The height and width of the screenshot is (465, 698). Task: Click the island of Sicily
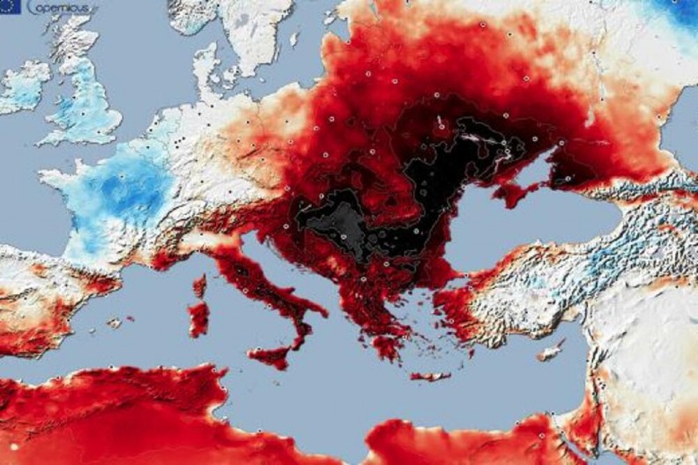click(x=269, y=355)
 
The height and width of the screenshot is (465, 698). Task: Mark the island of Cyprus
click(x=550, y=350)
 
